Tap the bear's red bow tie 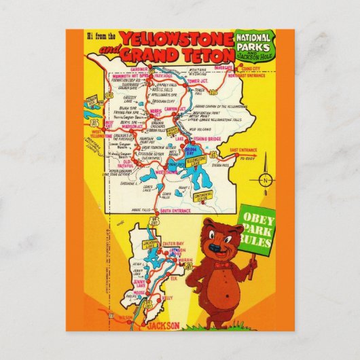pos(221,260)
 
